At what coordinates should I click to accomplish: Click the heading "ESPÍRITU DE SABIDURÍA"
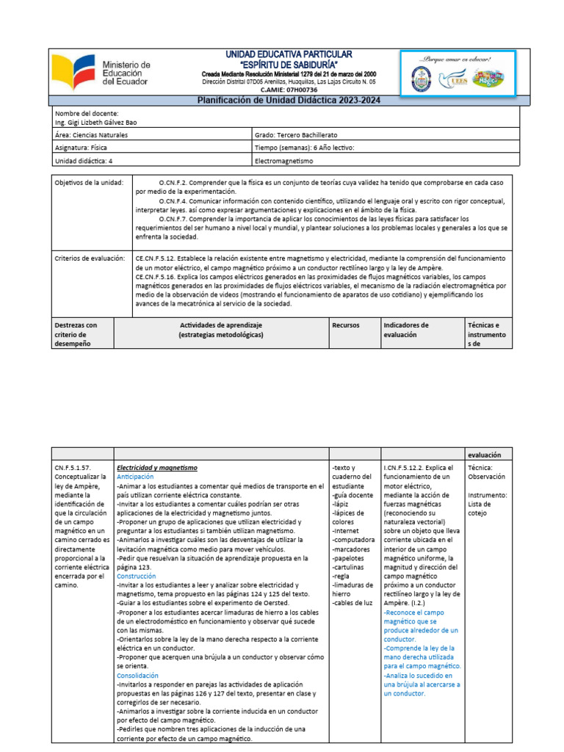278,65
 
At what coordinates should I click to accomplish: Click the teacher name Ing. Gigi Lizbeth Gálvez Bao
95,123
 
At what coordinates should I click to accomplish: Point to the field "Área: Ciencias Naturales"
91,135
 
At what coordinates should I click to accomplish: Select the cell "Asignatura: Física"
82,147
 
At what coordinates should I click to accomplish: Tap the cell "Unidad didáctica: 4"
84,159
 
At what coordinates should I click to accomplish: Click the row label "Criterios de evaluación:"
84,258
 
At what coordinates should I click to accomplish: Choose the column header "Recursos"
345,325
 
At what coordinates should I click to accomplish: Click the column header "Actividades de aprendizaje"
221,325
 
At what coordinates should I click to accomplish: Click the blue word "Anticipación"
136,477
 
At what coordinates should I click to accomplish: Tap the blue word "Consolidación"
137,675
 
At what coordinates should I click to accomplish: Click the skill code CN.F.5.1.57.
75,467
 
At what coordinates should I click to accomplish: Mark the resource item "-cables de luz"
353,603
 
